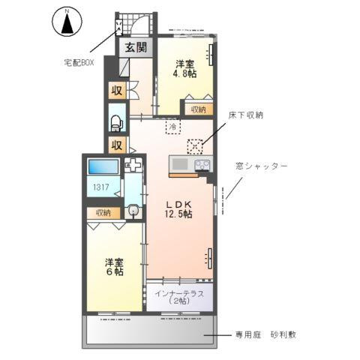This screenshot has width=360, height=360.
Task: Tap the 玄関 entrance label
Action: click(136, 49)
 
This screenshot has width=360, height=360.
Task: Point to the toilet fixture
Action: click(117, 121)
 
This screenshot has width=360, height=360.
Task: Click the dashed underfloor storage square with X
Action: click(195, 145)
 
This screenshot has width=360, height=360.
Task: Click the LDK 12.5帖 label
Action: click(178, 208)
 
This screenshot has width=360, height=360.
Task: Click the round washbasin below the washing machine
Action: click(133, 211)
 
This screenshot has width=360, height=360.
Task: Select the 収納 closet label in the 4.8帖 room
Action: click(198, 109)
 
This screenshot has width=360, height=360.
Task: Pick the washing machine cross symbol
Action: click(133, 166)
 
